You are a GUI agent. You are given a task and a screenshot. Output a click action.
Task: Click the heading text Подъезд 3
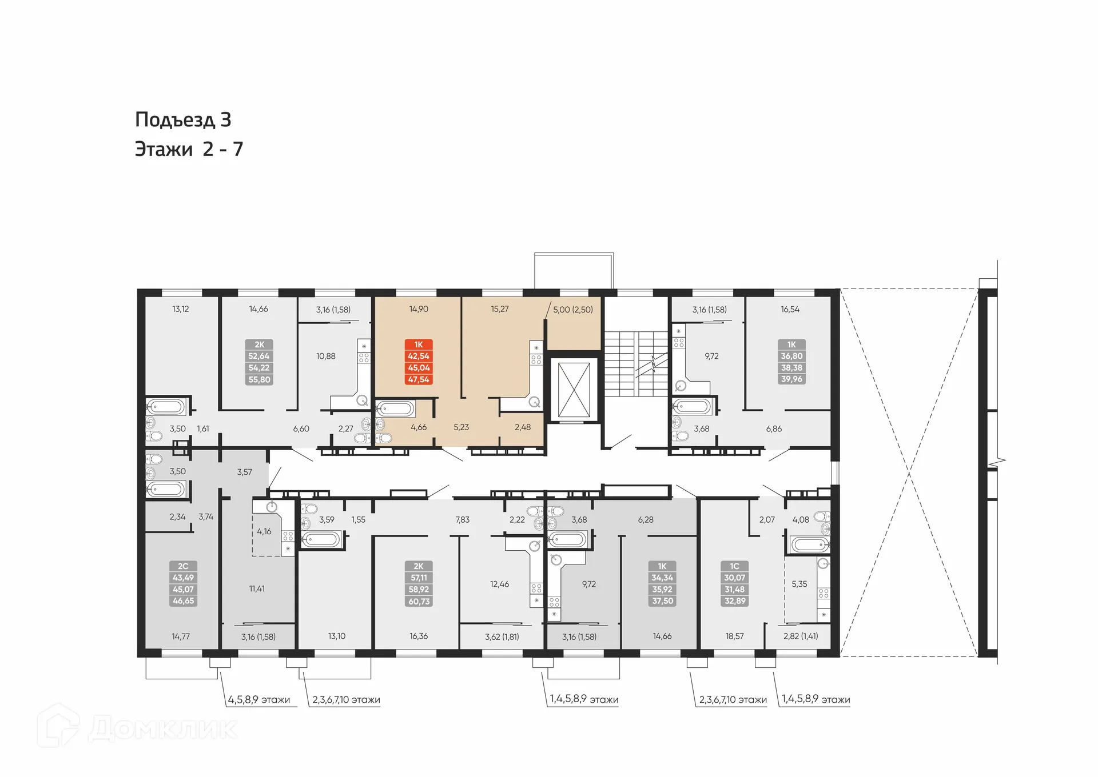183,119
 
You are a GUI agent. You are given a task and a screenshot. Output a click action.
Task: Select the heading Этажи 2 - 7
189,149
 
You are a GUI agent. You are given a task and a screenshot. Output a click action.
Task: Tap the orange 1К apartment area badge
419,362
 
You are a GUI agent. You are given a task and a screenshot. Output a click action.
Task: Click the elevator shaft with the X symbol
574,390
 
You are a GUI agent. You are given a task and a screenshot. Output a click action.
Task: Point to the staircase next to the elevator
636,363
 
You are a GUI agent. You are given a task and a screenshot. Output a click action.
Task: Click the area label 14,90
419,309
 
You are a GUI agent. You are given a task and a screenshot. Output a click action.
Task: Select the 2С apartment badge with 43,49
183,583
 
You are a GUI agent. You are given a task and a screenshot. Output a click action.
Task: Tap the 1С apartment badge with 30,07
734,583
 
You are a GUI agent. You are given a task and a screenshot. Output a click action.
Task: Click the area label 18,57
734,636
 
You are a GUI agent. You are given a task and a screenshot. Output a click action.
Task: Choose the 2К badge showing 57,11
419,583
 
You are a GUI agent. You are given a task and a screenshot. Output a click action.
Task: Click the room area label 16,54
790,309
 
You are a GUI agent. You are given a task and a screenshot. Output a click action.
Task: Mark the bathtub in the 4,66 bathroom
395,408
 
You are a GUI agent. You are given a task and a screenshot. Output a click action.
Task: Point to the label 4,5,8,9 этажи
258,699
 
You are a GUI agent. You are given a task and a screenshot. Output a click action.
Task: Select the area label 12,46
499,584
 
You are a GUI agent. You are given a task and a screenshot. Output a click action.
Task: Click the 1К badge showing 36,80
791,362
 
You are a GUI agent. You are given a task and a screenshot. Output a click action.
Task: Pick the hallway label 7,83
462,519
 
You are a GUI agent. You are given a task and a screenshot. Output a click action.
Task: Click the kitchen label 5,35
799,584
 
